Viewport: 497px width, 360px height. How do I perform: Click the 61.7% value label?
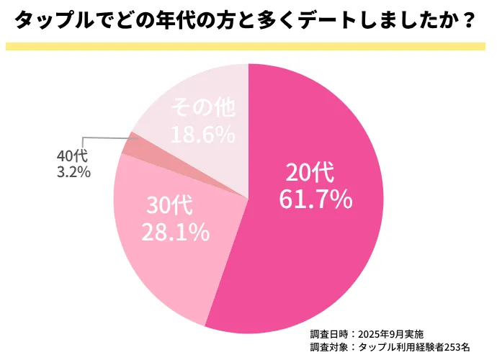(315, 199)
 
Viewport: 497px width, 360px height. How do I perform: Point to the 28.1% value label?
(174, 232)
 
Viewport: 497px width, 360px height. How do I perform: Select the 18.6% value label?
(202, 134)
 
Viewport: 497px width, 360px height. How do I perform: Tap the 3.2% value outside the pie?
(73, 171)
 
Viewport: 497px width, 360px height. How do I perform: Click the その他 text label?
(202, 108)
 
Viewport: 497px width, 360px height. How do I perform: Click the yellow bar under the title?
(248, 45)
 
